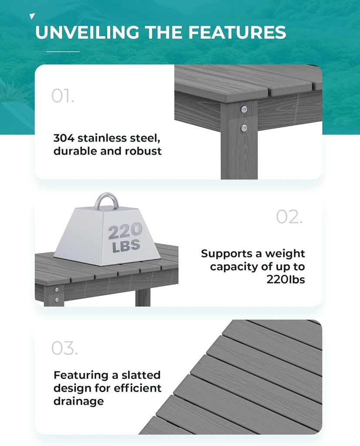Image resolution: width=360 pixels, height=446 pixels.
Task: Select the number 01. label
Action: click(63, 96)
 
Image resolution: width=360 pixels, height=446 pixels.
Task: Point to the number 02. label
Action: click(289, 217)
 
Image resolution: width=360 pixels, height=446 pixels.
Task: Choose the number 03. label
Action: click(64, 348)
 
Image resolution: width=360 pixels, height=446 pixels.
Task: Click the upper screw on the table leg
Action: click(244, 109)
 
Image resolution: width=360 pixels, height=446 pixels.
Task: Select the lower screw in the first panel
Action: click(244, 128)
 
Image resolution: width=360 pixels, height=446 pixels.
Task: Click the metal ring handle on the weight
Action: click(107, 203)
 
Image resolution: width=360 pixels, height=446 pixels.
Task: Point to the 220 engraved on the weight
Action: click(125, 231)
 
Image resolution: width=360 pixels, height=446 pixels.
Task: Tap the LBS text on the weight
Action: click(126, 246)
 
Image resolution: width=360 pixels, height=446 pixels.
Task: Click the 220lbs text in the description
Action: click(286, 279)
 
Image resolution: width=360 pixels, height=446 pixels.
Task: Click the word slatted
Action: click(139, 375)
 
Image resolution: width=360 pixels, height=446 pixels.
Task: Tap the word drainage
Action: click(79, 401)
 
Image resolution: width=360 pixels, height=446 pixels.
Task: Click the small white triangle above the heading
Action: click(32, 17)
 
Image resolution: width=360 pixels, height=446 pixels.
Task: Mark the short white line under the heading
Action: click(63, 51)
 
